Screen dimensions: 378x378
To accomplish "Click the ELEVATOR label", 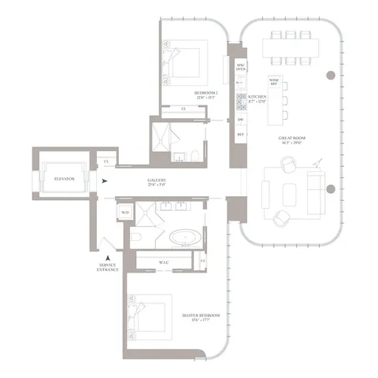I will click(60, 179).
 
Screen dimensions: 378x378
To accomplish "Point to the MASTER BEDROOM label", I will click(200, 316).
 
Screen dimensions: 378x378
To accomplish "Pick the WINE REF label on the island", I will click(274, 81).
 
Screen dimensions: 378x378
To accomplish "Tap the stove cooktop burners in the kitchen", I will click(241, 101).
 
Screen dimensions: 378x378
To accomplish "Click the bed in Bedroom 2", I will click(186, 63).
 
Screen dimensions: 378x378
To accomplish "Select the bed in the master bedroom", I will click(150, 314).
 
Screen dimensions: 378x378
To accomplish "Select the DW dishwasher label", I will click(240, 119).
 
